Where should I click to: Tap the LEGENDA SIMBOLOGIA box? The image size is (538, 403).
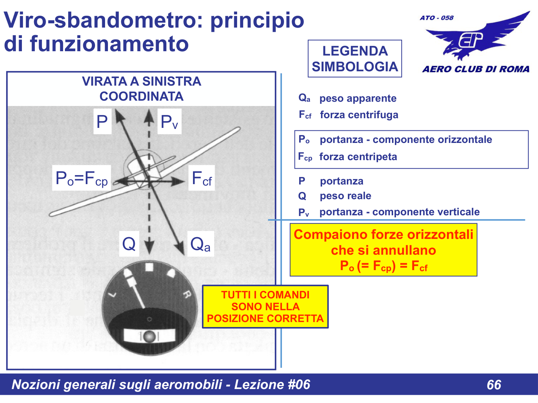(x=355, y=59)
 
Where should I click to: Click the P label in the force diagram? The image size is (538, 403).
(x=102, y=122)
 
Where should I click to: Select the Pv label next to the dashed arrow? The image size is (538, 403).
(x=169, y=122)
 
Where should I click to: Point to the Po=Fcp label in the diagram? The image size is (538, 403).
(x=82, y=178)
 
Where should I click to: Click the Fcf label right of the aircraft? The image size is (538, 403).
(x=202, y=178)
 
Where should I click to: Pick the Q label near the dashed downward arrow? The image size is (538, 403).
(x=129, y=244)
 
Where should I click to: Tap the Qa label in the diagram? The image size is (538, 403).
(x=200, y=244)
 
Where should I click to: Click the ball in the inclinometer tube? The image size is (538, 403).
(x=149, y=336)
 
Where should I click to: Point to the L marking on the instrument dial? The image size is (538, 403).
(x=113, y=294)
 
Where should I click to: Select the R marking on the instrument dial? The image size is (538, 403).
(x=187, y=294)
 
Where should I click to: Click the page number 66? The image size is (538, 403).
(x=494, y=385)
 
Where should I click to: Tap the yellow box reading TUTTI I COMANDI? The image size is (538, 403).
(x=265, y=307)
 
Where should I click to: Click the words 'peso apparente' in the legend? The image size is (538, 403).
(x=358, y=99)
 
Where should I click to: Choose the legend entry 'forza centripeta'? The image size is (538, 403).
(x=358, y=157)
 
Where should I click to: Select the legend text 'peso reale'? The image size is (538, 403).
(x=345, y=196)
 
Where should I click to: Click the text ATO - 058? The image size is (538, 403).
(x=436, y=18)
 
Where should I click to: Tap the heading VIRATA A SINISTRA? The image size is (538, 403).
(x=141, y=82)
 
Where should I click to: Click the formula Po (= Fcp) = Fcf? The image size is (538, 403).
(x=383, y=266)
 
